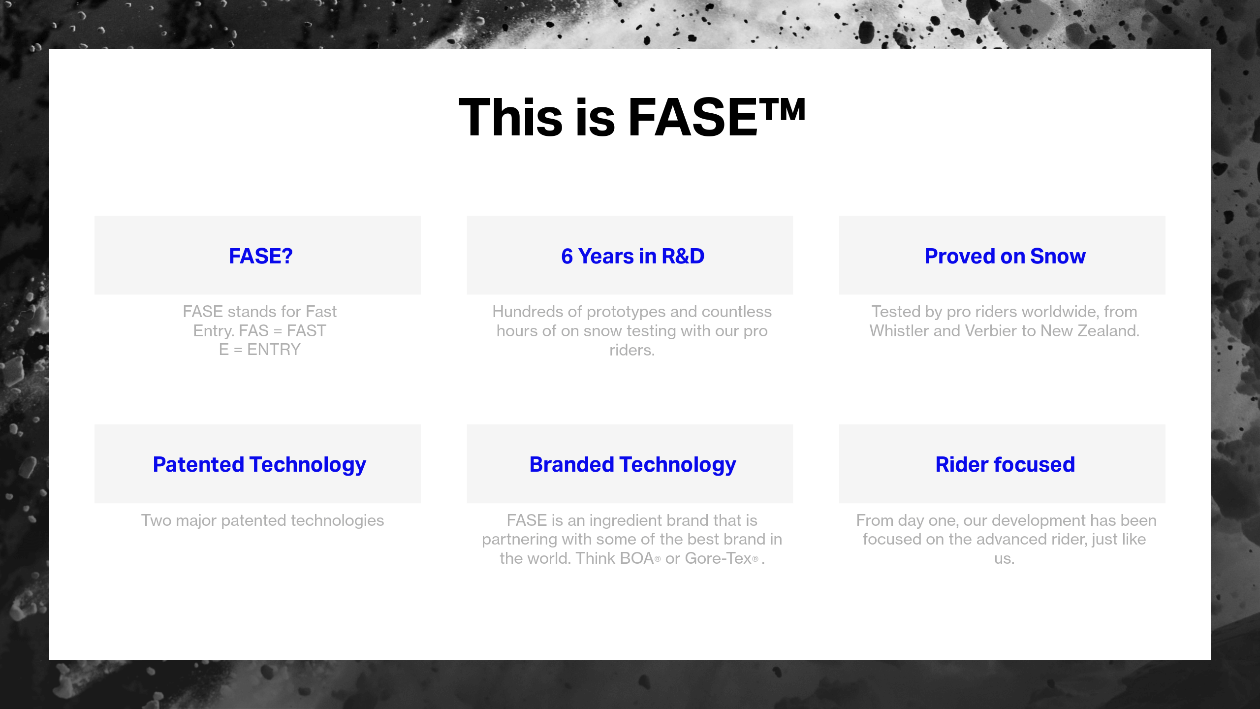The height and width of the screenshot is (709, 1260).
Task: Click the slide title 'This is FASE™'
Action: click(632, 117)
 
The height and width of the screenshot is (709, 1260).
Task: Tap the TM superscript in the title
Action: click(782, 109)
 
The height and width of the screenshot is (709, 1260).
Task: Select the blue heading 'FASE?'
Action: click(261, 256)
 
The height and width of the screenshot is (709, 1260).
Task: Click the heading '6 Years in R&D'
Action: click(632, 256)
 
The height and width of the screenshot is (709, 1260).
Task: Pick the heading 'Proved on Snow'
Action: click(1005, 256)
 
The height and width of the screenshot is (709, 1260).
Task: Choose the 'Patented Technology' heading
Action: click(259, 465)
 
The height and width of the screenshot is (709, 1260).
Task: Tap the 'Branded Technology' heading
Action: click(632, 465)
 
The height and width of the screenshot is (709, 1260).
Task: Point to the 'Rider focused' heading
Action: click(1005, 464)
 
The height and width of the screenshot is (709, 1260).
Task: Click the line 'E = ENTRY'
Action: click(259, 350)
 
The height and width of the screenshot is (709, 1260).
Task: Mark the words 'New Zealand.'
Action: click(1090, 331)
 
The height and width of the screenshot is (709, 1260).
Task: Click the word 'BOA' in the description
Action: click(637, 558)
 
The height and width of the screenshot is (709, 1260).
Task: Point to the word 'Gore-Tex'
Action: click(718, 558)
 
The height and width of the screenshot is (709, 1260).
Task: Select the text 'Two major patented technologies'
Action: click(262, 520)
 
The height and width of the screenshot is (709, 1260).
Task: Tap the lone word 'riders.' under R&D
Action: click(632, 350)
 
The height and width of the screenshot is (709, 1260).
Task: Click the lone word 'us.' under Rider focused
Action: click(1004, 559)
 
